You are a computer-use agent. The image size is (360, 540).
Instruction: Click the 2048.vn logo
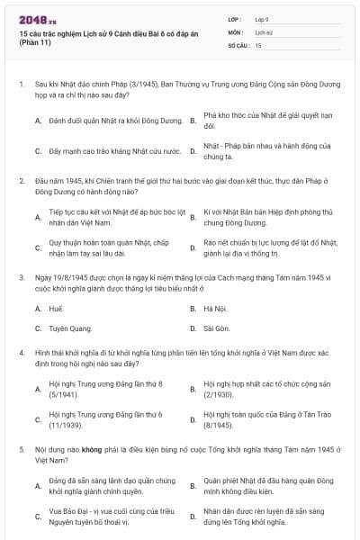tap(33, 19)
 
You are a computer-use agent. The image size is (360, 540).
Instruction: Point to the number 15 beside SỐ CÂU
tap(259, 44)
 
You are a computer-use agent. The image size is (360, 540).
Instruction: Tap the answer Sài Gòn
tap(217, 328)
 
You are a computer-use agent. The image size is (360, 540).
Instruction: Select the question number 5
tap(22, 446)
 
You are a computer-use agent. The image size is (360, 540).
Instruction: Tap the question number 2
tap(22, 180)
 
